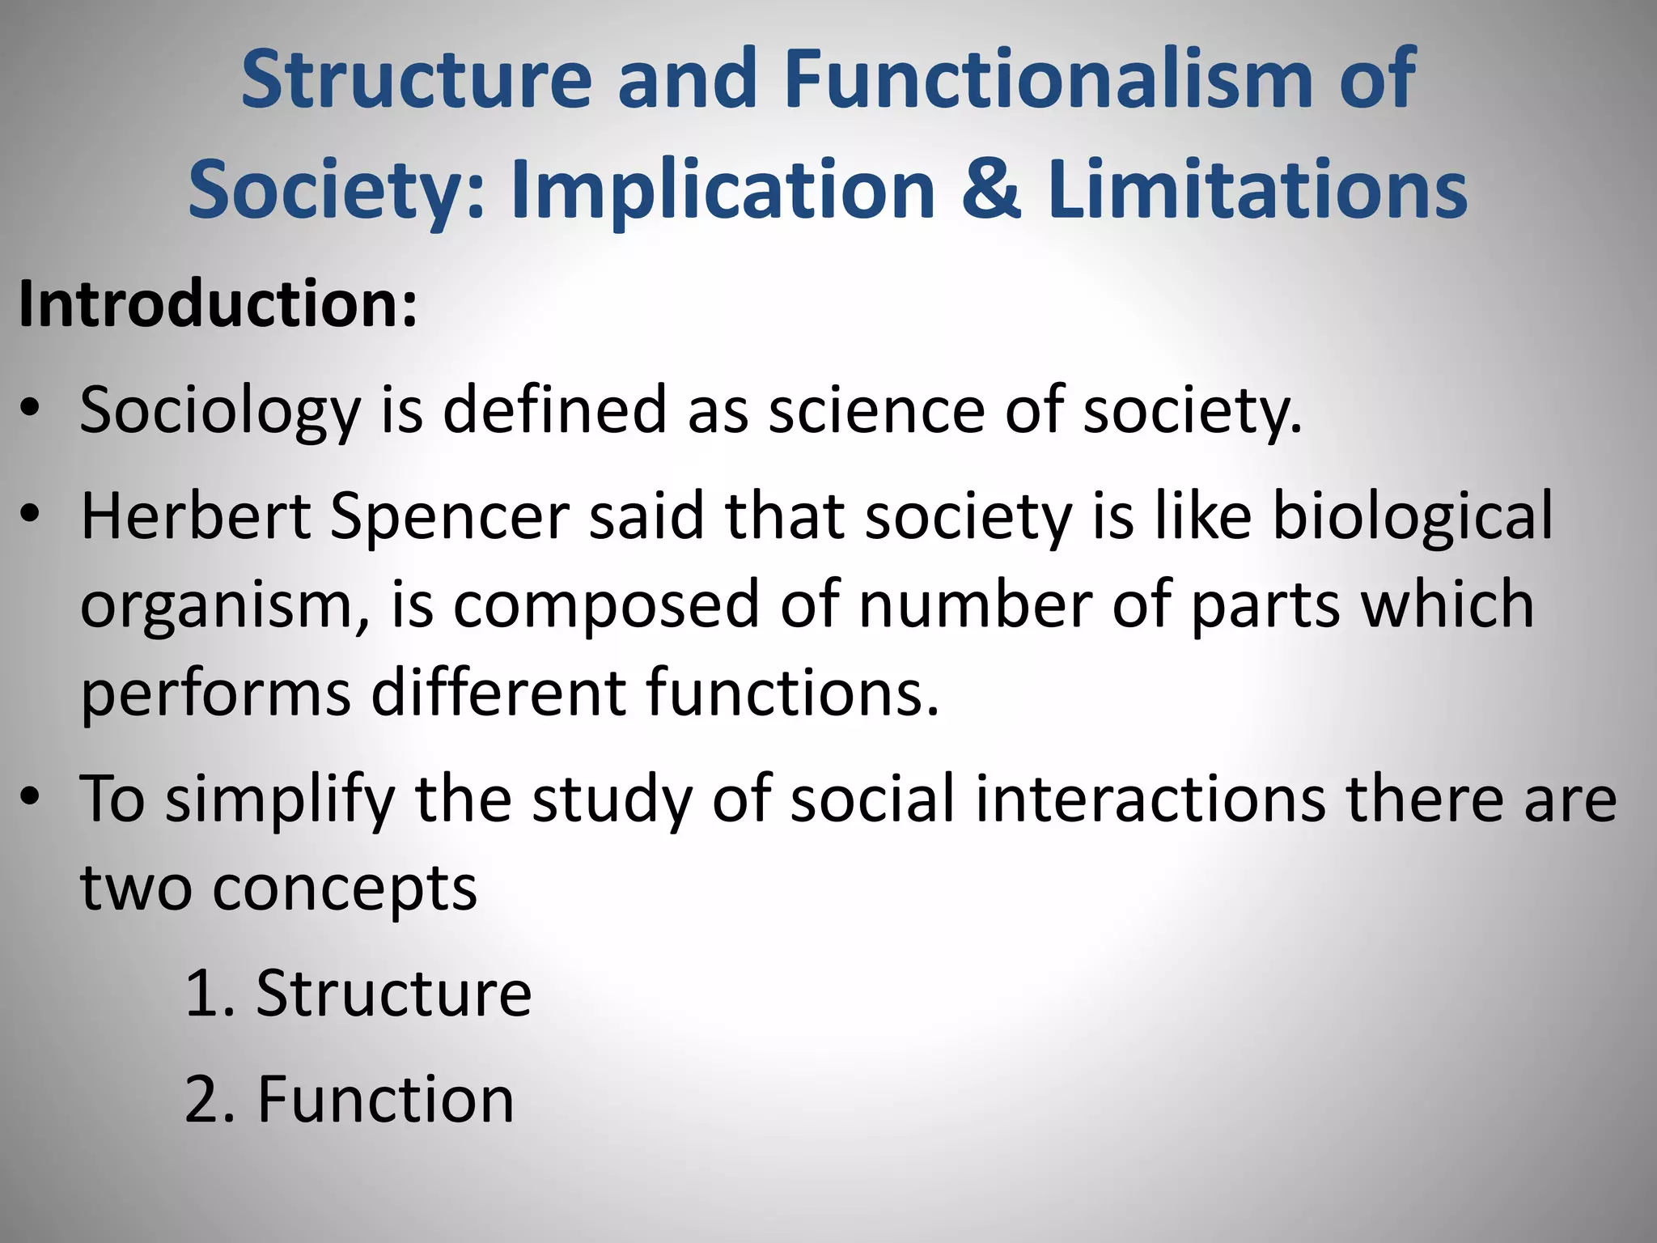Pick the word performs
215,694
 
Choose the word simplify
280,800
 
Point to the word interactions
1150,799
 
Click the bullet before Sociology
30,408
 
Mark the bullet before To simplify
30,797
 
